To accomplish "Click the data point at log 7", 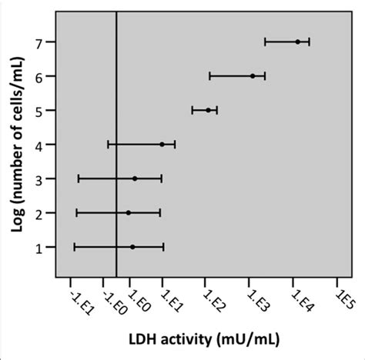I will [297, 42].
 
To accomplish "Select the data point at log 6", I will [253, 75].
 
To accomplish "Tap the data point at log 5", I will [208, 110].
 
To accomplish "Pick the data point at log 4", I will [162, 144].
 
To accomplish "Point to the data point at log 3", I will [135, 178].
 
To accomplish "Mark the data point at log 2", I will [129, 212].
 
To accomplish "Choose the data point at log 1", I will [132, 247].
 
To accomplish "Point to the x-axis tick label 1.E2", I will [210, 299].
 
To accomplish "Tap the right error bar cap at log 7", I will [309, 42].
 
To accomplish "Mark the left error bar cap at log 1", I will [74, 247].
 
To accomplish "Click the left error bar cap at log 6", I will [209, 75].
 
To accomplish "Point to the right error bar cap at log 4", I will [176, 144].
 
